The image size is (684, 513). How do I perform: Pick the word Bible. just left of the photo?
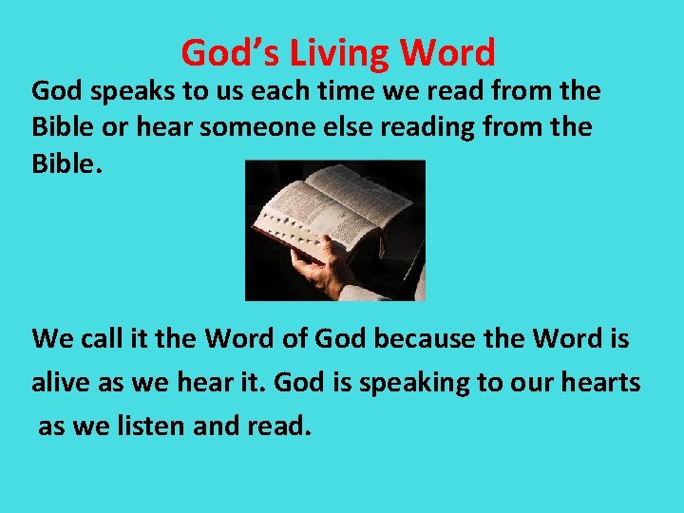click(66, 162)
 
